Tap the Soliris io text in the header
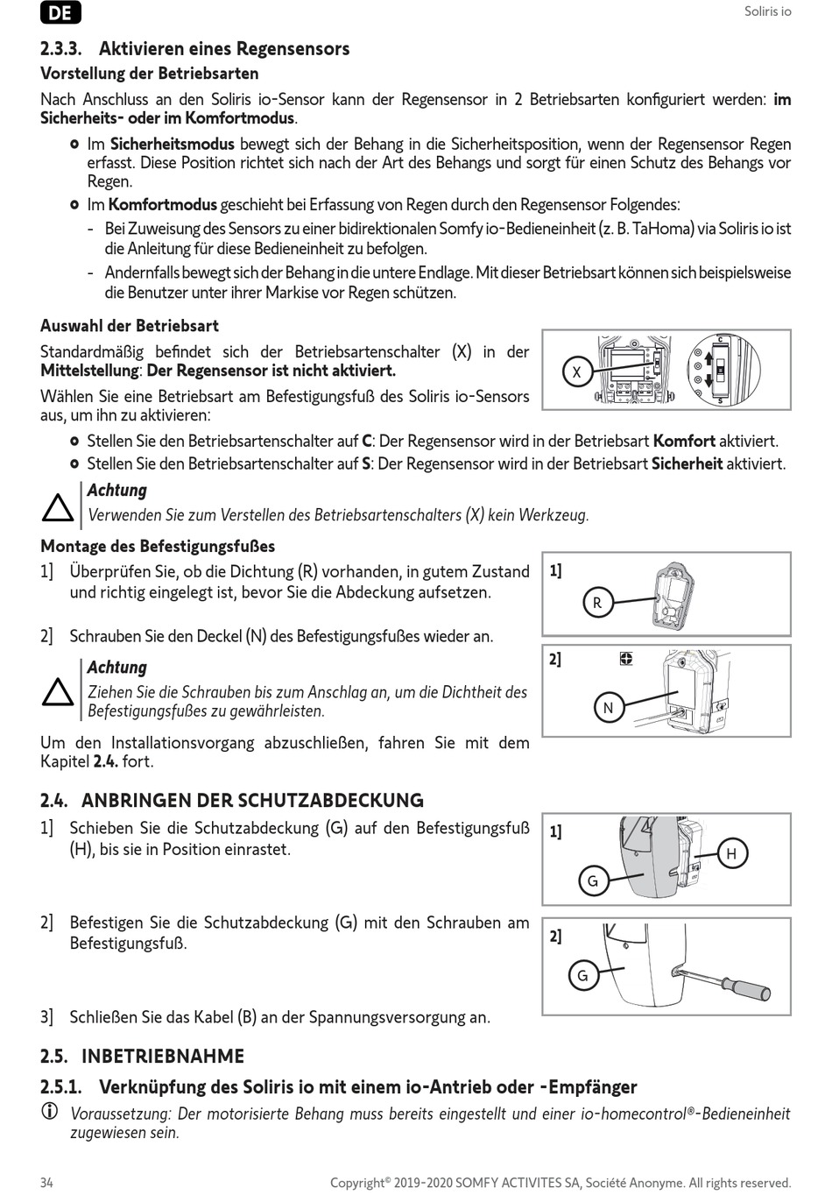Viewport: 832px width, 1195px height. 767,11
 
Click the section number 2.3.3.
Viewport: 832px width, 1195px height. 61,49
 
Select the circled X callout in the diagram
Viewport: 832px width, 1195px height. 576,372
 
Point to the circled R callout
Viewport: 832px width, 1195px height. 597,603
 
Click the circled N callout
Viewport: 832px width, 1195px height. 609,708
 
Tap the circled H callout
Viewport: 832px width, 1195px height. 732,853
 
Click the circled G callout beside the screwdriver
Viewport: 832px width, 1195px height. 582,975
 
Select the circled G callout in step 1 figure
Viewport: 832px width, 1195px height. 593,881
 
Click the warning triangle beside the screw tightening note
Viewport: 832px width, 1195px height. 58,692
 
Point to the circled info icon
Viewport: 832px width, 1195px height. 48,1113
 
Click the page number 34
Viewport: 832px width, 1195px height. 46,1183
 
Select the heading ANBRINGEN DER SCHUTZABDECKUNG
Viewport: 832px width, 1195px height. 252,801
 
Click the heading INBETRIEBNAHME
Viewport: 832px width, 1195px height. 163,1056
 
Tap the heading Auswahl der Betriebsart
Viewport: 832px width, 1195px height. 130,326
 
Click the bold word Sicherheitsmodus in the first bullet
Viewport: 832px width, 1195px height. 172,144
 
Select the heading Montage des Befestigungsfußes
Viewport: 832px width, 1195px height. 158,547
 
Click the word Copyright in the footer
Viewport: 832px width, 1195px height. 357,1183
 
